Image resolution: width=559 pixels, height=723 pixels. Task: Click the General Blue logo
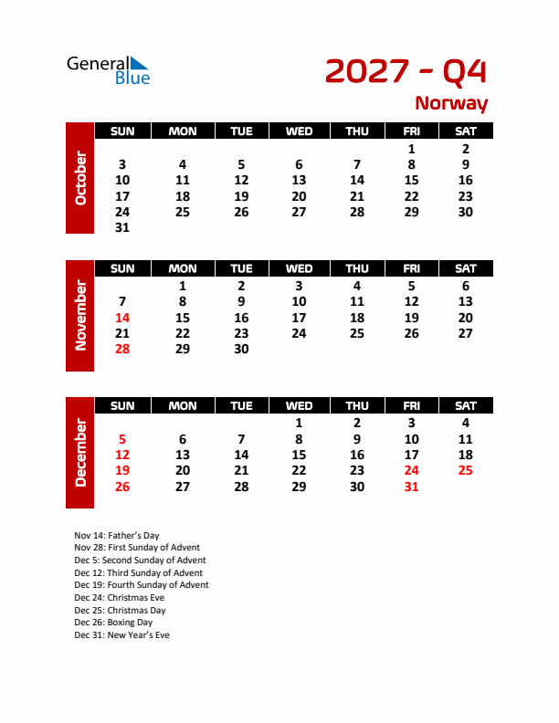tap(108, 69)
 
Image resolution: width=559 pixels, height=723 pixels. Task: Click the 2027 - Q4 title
tap(406, 71)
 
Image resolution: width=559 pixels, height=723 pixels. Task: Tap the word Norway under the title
tap(451, 104)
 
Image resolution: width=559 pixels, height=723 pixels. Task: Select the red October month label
tap(80, 177)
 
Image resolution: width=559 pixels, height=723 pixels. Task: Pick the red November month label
tap(80, 315)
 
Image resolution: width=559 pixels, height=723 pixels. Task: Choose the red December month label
tap(80, 452)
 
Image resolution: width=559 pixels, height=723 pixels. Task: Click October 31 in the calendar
tap(122, 227)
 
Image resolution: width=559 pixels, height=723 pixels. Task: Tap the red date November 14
tap(122, 318)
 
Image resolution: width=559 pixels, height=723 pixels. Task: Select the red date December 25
tap(465, 470)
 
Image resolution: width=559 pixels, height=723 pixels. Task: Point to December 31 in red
tap(411, 487)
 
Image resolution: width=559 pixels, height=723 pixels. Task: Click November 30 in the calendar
tap(241, 349)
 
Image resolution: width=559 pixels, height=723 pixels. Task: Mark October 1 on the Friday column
tap(411, 149)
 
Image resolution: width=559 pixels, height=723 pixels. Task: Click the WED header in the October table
tap(299, 131)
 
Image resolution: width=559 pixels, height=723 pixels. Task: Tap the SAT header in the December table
tap(465, 405)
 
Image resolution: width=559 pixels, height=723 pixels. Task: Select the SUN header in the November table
tap(122, 268)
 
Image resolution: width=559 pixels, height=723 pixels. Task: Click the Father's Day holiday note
tap(116, 535)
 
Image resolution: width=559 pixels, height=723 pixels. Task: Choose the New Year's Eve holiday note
tap(121, 635)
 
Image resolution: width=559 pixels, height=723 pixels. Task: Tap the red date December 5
tap(122, 438)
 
